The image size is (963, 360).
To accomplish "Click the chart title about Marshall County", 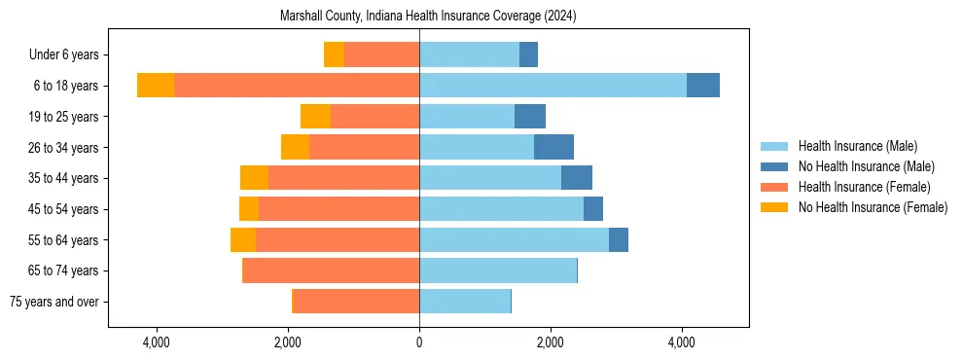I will [428, 17].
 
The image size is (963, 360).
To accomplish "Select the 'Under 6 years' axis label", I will [69, 55].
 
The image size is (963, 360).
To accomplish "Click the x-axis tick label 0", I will [419, 342].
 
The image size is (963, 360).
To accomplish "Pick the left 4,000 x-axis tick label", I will [157, 342].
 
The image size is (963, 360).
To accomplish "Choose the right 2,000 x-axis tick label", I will [550, 342].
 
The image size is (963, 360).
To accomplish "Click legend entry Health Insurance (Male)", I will [857, 146].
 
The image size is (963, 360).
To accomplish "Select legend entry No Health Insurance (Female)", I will [873, 207].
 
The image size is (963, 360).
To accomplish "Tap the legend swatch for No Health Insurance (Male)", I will [774, 166].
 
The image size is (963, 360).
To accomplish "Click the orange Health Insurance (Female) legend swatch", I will [774, 187].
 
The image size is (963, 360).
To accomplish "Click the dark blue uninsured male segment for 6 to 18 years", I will [702, 86].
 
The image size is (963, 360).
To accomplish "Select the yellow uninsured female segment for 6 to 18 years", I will [156, 86].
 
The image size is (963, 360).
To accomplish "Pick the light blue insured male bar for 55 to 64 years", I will [514, 239].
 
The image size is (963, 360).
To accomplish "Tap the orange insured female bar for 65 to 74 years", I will [332, 270].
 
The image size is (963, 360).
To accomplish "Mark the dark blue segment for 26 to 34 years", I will [553, 147].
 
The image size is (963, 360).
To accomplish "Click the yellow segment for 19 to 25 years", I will [315, 117].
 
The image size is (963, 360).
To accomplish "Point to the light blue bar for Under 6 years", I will [469, 55].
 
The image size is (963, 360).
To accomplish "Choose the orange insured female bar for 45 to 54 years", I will [339, 209].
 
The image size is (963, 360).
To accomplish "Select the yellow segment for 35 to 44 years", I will [254, 178].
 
